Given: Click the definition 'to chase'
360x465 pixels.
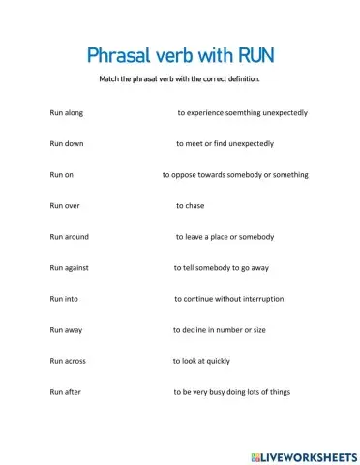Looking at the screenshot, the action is tap(190, 206).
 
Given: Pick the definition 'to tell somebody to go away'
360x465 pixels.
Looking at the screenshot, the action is tap(221, 268).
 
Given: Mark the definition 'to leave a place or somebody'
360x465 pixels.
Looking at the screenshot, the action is tap(225, 237).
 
